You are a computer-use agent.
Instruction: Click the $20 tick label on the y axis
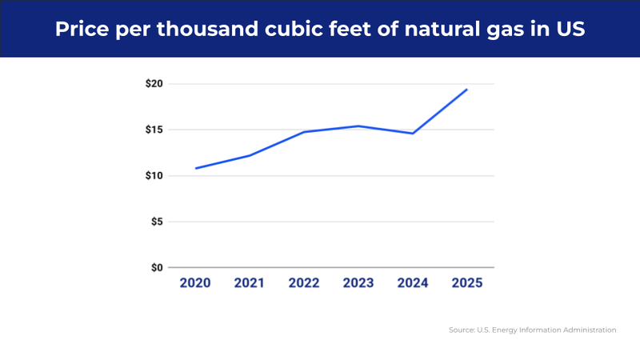coord(154,84)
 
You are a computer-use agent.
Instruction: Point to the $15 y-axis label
coord(154,130)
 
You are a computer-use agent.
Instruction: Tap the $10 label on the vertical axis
coord(154,176)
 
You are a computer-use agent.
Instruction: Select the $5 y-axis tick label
coord(156,222)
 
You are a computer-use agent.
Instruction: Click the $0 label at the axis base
coord(156,267)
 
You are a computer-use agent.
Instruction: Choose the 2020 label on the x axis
coord(195,283)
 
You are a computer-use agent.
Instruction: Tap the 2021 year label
coord(250,283)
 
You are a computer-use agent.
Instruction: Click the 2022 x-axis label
coord(304,283)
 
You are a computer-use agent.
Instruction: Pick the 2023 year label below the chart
coord(358,283)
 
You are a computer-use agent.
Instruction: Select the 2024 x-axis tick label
coord(413,283)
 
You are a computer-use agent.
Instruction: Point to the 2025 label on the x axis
coord(467,283)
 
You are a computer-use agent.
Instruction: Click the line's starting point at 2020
coord(196,168)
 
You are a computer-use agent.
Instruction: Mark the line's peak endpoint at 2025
coord(467,90)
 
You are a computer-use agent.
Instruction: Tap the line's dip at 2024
coord(413,134)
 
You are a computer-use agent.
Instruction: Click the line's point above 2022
coord(304,132)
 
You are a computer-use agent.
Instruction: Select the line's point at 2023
coord(358,126)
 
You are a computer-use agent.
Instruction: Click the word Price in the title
coord(83,30)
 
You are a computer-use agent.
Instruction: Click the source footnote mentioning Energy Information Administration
coord(532,330)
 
